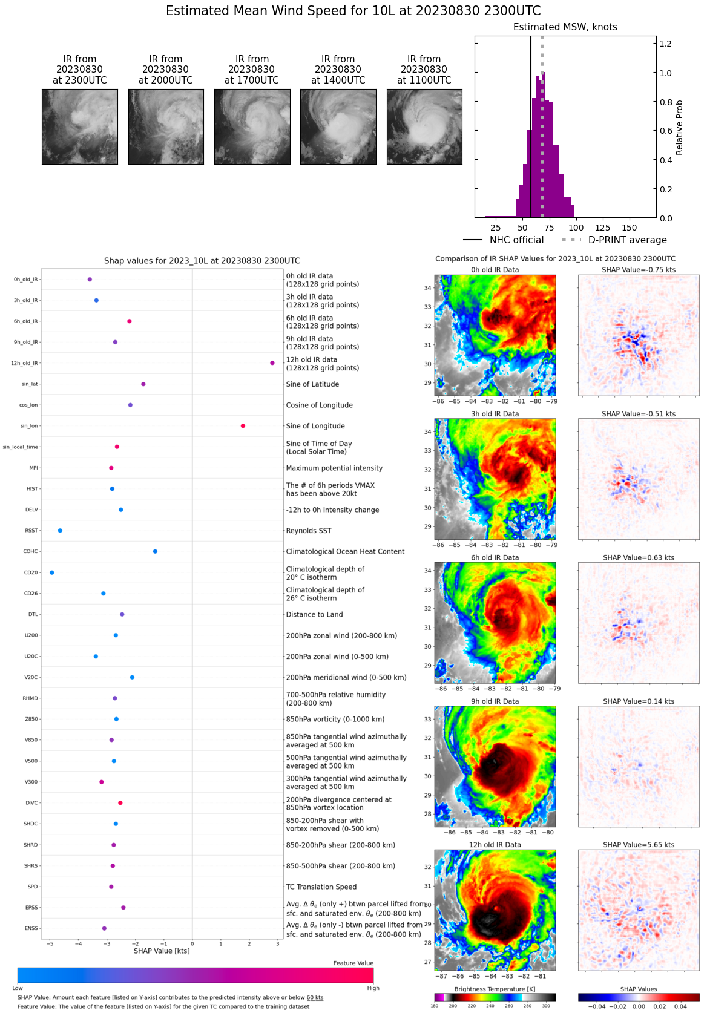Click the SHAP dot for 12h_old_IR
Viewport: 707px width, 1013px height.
[272, 363]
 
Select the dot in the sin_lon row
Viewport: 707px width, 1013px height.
[243, 426]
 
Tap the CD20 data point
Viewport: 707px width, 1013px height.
[51, 572]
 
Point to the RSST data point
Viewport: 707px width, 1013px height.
[60, 531]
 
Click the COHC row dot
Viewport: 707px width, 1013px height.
[155, 551]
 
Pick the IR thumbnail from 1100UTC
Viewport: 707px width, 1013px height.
[424, 126]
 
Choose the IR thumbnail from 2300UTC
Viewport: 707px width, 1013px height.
[80, 126]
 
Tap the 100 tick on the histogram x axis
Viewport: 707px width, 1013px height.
[576, 228]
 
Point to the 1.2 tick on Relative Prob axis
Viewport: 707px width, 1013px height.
[665, 44]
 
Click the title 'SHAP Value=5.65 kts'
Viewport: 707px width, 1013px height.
[639, 845]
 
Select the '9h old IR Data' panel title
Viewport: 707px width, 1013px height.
[495, 701]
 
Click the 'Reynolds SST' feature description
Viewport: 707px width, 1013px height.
[309, 531]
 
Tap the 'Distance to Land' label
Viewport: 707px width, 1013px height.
[314, 614]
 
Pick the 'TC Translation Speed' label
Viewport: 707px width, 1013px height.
[321, 887]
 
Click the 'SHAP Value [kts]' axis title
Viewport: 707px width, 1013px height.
[162, 951]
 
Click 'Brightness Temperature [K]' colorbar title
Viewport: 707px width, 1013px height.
[495, 989]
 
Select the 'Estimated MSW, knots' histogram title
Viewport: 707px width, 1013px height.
[565, 27]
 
